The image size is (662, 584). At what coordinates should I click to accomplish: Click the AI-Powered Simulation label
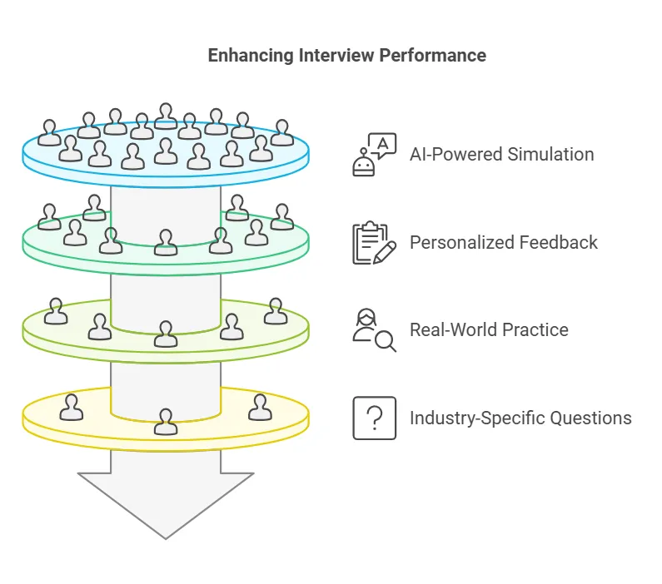point(501,155)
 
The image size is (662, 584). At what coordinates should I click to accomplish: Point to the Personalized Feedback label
point(503,243)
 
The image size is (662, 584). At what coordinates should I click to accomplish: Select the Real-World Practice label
point(489,330)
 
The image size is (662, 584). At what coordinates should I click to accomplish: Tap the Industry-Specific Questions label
point(520,418)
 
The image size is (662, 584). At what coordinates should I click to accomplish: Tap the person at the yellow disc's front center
point(166,422)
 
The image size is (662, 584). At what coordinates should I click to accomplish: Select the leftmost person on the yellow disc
point(72,408)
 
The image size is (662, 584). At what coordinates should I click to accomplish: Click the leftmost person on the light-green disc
point(56,311)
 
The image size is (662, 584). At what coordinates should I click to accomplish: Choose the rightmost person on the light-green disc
point(275,311)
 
